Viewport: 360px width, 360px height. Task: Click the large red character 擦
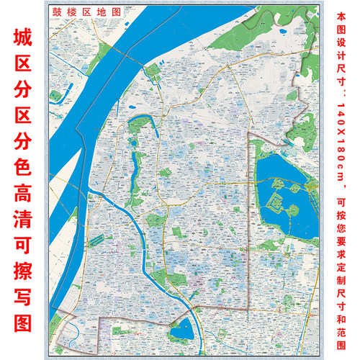click(x=22, y=283)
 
